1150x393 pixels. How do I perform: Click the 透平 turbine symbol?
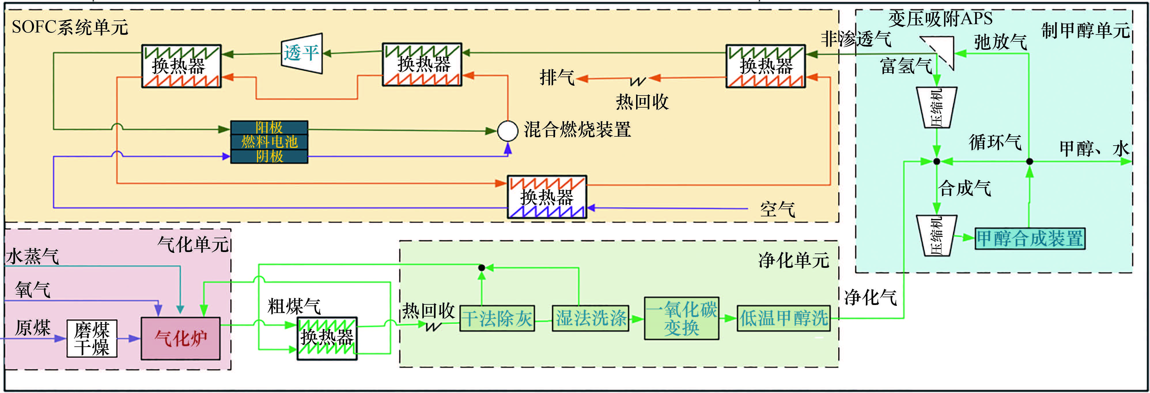[302, 54]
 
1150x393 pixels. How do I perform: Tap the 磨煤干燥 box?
[92, 339]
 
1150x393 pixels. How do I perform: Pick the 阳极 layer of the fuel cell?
[269, 127]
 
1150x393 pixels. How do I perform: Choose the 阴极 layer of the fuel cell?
[269, 157]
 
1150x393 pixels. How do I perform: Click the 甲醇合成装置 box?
[1030, 238]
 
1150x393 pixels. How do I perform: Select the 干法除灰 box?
[497, 318]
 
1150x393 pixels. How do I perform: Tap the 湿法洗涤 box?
[591, 318]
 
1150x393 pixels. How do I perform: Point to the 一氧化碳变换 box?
[681, 318]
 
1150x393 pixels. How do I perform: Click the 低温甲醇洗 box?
[784, 318]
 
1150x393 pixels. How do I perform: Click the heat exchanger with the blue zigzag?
[547, 197]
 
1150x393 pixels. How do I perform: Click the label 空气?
[777, 209]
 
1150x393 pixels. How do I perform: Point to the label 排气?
[557, 78]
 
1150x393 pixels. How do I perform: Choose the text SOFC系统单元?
[70, 28]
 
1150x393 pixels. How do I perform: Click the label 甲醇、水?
[1094, 148]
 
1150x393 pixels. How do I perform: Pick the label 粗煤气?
[294, 306]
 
